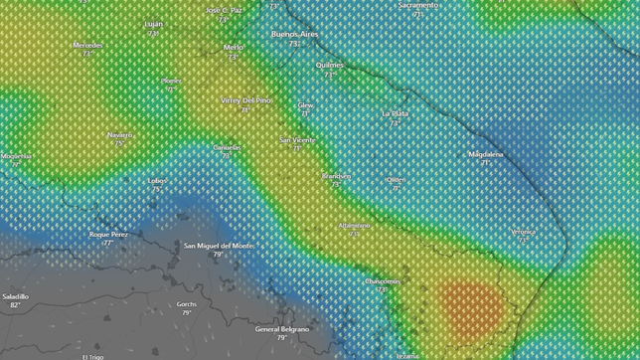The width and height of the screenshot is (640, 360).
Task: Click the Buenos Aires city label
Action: point(294,34)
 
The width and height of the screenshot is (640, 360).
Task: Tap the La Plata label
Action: point(395,113)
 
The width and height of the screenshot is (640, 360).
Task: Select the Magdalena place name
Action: point(486,154)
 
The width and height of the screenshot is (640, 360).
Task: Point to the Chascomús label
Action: point(382,281)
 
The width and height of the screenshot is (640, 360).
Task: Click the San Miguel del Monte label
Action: point(218,245)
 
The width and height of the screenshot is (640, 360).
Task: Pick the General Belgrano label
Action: point(281,328)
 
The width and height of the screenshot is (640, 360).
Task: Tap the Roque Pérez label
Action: point(108,235)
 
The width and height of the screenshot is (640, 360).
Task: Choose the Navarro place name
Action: point(120,134)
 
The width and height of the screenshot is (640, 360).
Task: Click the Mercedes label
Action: point(87,45)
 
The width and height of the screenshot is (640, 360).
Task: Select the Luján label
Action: point(153,23)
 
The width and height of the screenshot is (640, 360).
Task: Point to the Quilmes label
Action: point(329,65)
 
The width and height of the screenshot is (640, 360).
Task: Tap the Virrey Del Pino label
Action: point(245,100)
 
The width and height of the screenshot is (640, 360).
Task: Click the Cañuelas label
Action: point(227,147)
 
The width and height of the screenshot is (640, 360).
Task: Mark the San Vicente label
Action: point(297,140)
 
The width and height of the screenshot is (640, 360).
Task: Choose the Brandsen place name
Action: point(336,175)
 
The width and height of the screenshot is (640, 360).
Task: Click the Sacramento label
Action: point(417,5)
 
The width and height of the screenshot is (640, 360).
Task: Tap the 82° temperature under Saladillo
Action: point(15,305)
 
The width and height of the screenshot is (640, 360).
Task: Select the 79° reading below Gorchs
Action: point(186,313)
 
